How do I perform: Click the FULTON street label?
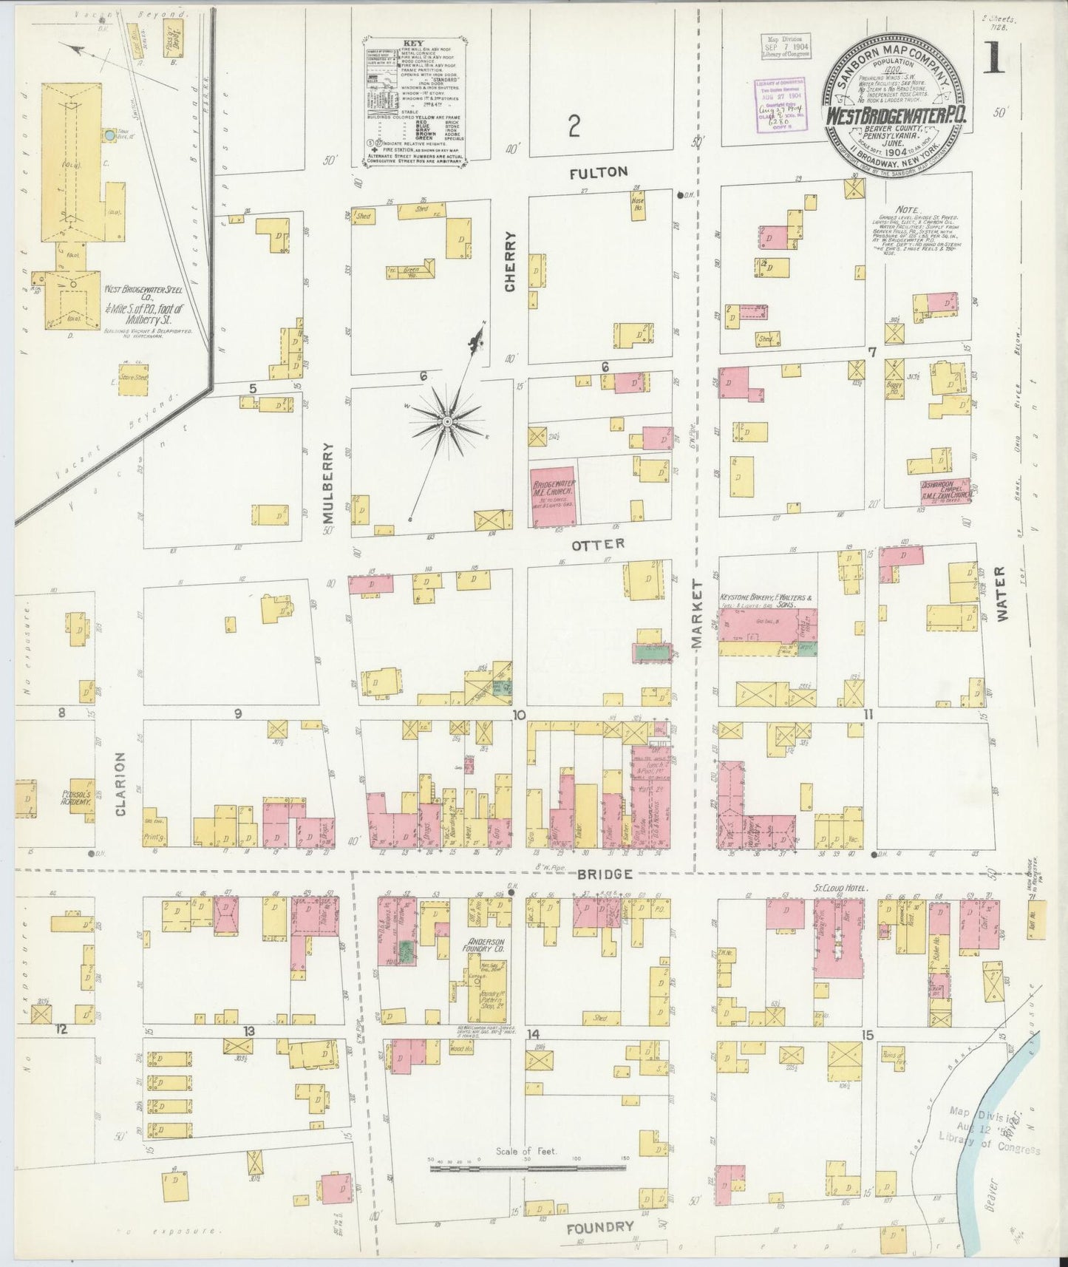pyautogui.click(x=599, y=172)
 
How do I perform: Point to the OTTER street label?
pyautogui.click(x=598, y=544)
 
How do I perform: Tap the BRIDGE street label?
pyautogui.click(x=605, y=874)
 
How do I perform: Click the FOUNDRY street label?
pyautogui.click(x=600, y=1228)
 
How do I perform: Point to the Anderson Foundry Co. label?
pyautogui.click(x=484, y=948)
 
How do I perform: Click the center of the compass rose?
pyautogui.click(x=446, y=421)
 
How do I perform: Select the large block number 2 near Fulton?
pyautogui.click(x=574, y=127)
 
